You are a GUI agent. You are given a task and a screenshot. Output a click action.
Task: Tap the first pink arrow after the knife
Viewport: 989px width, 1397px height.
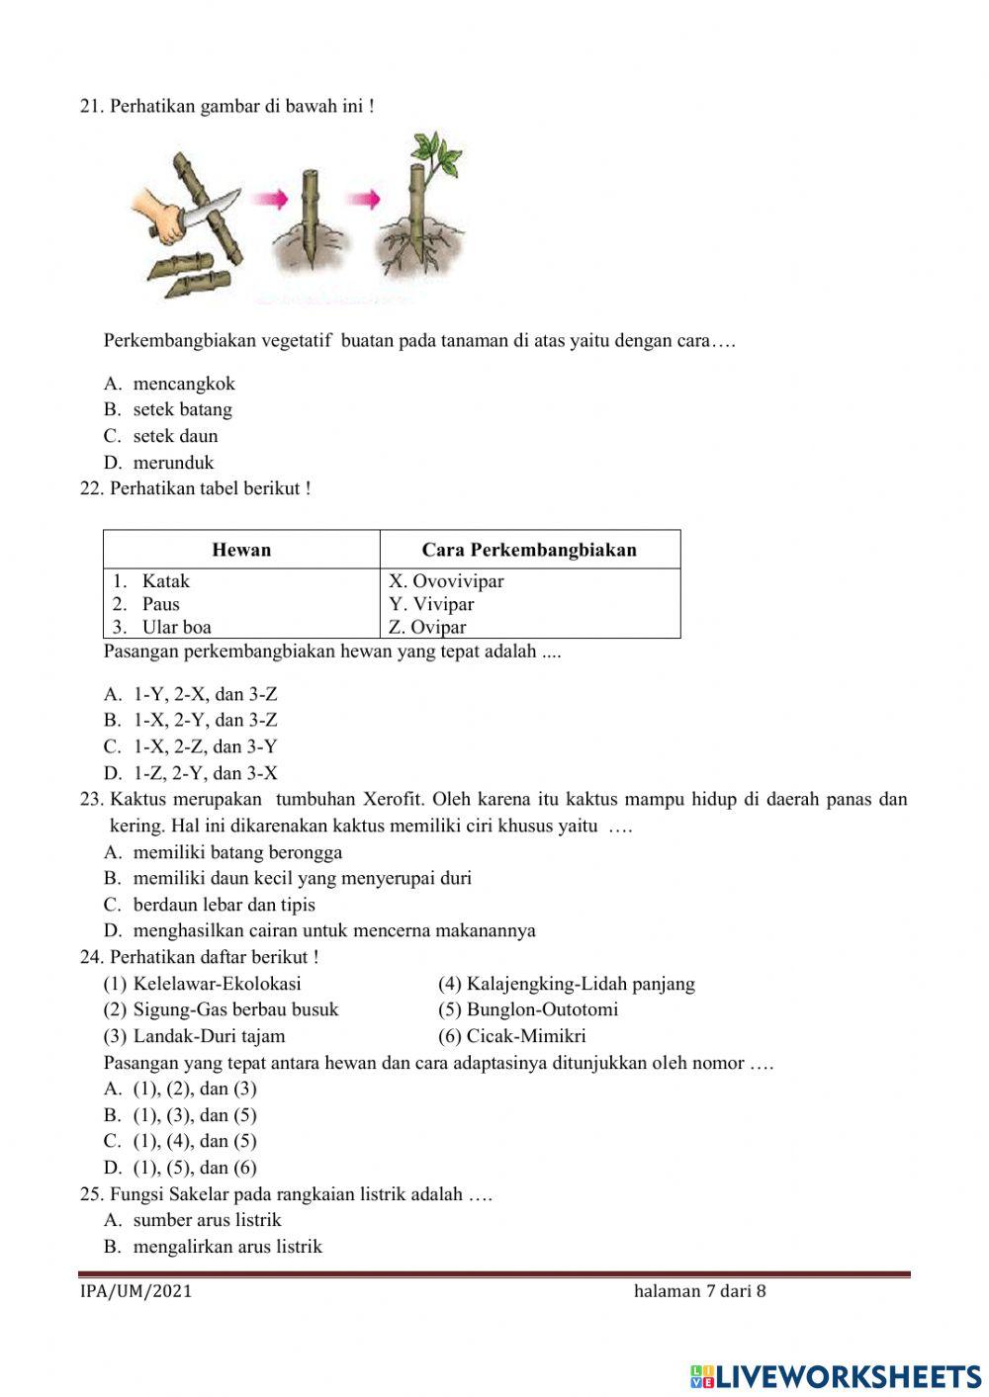[269, 200]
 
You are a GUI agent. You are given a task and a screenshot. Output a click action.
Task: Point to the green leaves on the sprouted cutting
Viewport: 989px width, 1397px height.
[435, 153]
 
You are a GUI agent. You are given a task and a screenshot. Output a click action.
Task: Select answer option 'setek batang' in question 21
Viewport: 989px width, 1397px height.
[182, 409]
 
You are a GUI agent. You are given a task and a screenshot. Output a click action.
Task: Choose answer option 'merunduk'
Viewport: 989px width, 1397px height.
[173, 463]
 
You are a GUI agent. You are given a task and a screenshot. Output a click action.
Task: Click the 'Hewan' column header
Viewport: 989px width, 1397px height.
[241, 550]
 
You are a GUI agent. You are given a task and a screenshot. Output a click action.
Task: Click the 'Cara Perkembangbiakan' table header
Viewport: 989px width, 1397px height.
[529, 550]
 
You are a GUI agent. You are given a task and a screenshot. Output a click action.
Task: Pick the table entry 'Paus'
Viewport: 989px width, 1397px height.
[160, 604]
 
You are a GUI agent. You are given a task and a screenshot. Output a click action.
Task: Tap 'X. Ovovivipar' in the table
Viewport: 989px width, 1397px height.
[446, 581]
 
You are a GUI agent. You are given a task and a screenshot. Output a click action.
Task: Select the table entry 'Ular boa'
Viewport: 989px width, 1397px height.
[176, 627]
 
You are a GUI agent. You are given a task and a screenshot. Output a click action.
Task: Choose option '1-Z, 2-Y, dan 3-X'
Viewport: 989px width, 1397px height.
[205, 773]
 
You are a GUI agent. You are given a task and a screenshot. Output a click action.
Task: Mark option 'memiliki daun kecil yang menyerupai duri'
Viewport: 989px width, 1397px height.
[302, 878]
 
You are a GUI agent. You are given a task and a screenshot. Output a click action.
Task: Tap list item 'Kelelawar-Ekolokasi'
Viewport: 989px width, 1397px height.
[217, 984]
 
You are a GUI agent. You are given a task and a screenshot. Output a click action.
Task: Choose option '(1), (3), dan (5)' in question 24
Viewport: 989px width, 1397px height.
[194, 1115]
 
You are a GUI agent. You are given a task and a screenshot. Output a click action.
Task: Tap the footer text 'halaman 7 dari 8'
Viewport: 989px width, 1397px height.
[699, 1291]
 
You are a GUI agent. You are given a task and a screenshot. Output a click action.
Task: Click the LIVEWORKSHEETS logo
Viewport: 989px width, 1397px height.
[836, 1375]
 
